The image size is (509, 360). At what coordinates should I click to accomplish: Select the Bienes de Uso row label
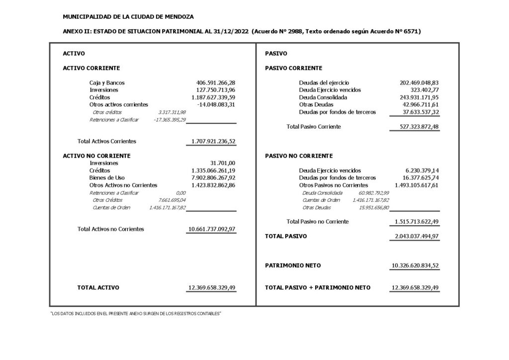(107, 178)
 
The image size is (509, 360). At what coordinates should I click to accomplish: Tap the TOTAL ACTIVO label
(98, 287)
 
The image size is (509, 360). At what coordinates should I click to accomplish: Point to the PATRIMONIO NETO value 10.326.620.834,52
(415, 266)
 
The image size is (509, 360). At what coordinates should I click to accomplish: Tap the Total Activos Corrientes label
(107, 141)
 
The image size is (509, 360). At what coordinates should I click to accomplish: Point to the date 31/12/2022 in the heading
(230, 31)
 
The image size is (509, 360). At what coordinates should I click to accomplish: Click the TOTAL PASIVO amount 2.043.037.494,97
(415, 236)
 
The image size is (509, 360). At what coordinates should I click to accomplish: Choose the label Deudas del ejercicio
(324, 83)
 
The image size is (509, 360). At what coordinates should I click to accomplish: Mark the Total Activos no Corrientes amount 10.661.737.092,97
(212, 229)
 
